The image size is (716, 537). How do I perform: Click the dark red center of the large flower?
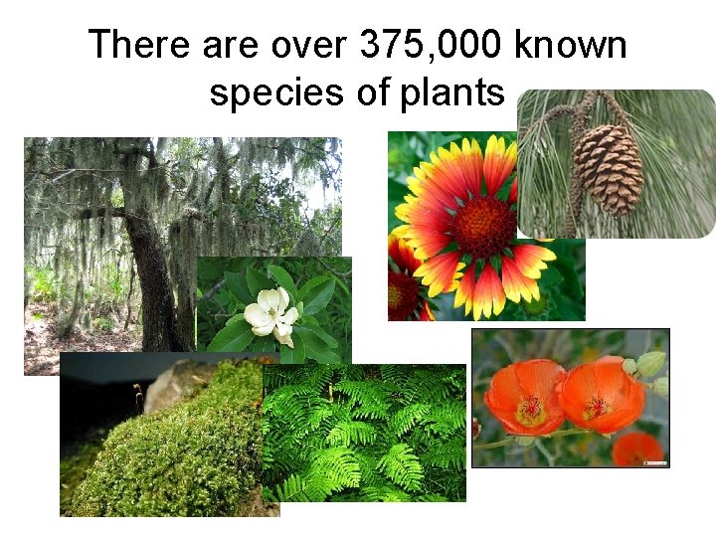485,226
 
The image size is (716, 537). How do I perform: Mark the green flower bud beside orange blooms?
649,364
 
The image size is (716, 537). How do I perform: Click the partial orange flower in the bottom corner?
637,449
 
